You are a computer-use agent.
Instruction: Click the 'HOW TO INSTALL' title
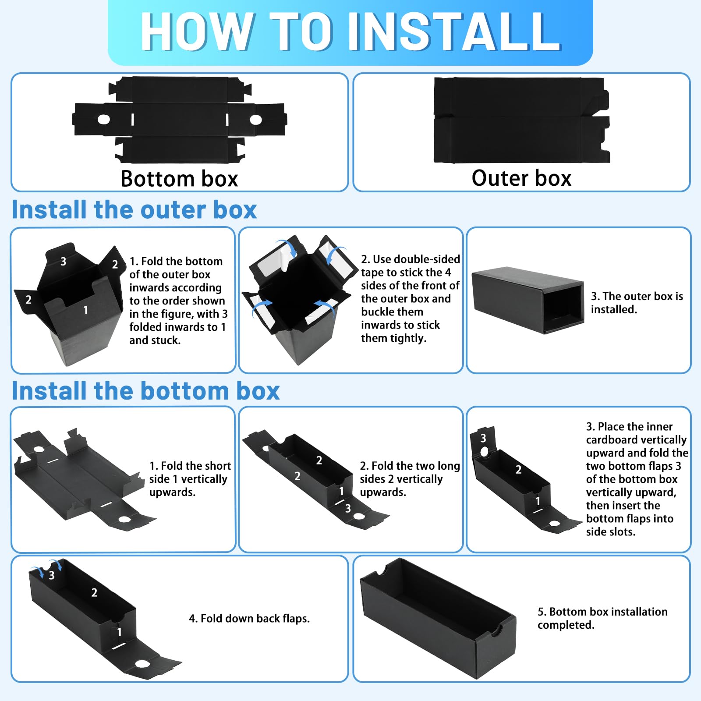tap(350, 32)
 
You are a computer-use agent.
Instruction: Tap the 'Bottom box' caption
tap(179, 179)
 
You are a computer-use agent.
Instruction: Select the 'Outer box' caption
tap(521, 178)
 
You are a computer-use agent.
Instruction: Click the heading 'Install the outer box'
tap(134, 209)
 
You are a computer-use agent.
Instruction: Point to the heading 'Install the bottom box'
tap(145, 391)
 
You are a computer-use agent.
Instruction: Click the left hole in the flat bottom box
tap(104, 119)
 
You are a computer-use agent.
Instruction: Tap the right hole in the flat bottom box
tap(256, 119)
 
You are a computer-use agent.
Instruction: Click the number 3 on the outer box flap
tap(63, 262)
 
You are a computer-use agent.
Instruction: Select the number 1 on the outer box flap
tap(85, 310)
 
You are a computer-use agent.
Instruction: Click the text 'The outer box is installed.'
tap(637, 303)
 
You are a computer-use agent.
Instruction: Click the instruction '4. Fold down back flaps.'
tap(249, 618)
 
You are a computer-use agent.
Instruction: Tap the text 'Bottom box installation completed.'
tap(602, 618)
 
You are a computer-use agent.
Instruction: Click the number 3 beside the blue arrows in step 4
tap(52, 575)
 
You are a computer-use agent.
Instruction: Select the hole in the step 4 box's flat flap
tap(142, 664)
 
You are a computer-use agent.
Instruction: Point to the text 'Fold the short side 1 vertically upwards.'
tap(190, 479)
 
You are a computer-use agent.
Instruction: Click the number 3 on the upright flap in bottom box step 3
tap(483, 438)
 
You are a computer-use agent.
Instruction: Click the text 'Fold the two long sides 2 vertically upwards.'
tap(410, 479)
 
